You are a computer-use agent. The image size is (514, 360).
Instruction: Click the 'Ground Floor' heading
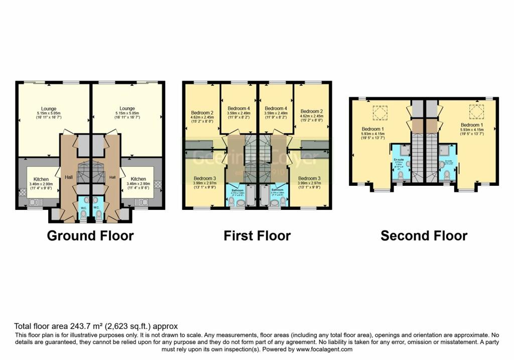pos(90,235)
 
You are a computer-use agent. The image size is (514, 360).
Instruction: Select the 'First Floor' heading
pos(257,235)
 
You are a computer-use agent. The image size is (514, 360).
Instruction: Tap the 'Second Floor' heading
pos(424,235)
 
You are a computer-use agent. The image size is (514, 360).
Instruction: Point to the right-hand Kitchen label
pos(139,179)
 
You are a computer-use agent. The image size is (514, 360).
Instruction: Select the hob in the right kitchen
pos(158,184)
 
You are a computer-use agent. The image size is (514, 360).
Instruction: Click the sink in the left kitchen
pos(36,202)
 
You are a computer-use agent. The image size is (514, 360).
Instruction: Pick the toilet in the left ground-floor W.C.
pos(84,215)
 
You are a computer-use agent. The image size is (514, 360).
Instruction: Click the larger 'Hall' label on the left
pos(68,177)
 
